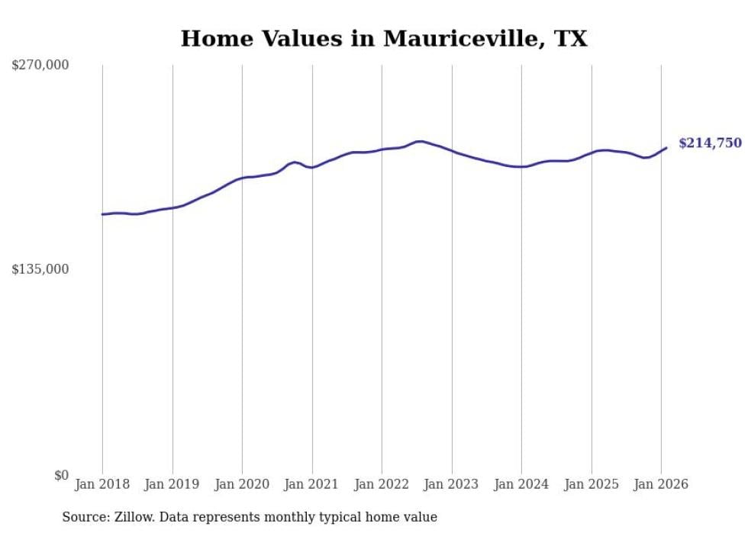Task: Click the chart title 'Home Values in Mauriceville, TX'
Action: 384,38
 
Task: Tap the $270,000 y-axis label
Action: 40,66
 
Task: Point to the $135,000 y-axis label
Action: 40,269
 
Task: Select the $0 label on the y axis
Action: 61,475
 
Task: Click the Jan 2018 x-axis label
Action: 102,484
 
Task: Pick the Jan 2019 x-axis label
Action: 172,484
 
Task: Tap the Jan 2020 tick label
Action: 242,484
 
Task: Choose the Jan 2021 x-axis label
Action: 312,484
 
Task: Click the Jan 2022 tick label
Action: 382,484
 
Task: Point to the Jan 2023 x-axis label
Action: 452,484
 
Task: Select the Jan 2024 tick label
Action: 521,484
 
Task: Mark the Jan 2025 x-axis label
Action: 592,484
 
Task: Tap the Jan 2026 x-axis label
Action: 661,484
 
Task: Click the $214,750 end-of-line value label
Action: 710,143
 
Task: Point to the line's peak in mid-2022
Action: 419,141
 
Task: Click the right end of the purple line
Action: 666,148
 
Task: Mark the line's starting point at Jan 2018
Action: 102,214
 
